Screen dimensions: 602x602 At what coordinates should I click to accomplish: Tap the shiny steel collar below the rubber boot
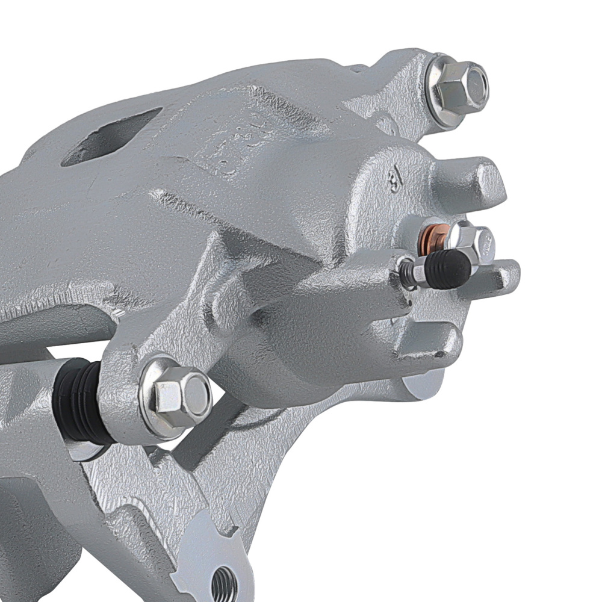tap(78, 449)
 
